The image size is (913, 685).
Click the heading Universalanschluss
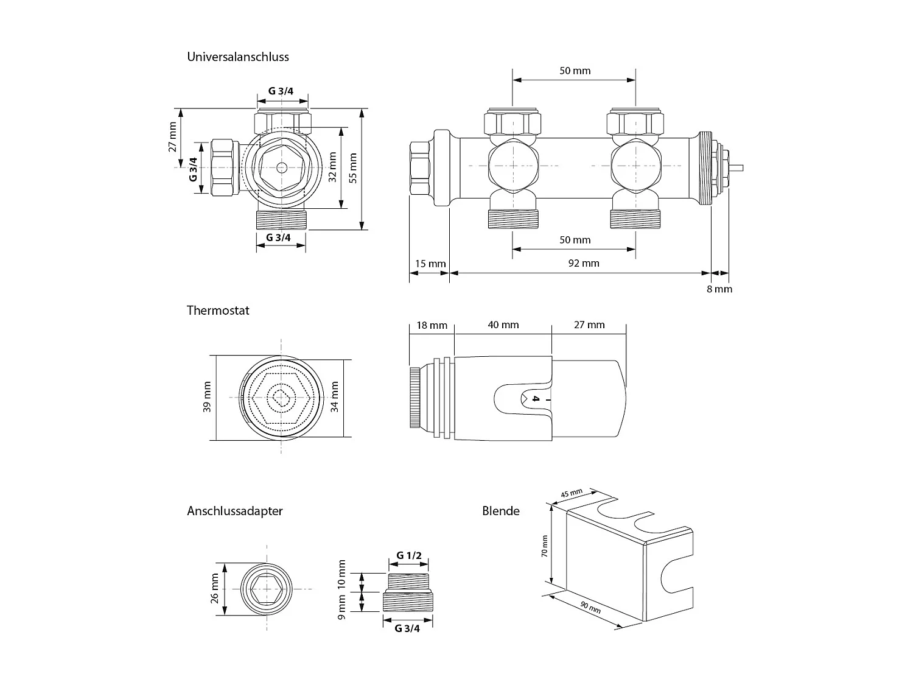238,57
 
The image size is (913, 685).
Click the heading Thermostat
218,310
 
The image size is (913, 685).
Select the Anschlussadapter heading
234,511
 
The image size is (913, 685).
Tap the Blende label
500,511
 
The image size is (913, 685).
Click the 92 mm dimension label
583,263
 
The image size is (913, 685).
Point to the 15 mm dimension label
430,264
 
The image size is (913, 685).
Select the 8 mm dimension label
719,289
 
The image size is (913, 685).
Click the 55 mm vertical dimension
354,168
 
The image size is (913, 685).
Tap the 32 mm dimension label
332,167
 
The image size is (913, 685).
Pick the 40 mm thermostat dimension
503,325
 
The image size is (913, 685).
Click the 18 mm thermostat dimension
432,325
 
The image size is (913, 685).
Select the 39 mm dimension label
207,397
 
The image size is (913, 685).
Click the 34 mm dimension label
334,397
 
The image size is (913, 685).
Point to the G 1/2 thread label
409,555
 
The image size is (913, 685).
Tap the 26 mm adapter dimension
214,588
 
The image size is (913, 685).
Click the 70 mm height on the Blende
545,546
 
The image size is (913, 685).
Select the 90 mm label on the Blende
590,606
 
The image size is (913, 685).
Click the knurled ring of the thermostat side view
414,398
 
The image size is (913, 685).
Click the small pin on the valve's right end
737,166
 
